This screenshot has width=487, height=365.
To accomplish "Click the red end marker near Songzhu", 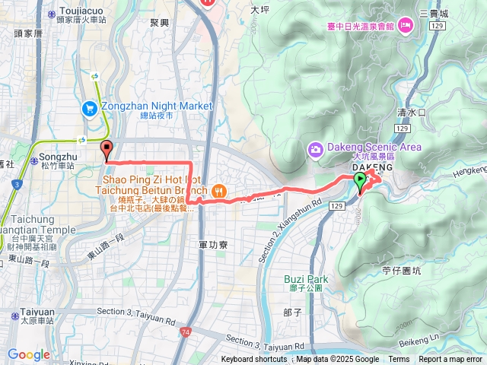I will [107, 151].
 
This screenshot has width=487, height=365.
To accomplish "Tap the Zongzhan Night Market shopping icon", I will [90, 107].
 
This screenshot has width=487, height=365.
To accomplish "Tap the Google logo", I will [29, 354].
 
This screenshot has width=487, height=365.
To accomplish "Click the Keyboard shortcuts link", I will [254, 360].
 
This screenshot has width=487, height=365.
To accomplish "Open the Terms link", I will [399, 360].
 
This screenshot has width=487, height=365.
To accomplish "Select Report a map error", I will [450, 360].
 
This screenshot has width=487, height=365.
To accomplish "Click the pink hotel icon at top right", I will [406, 26].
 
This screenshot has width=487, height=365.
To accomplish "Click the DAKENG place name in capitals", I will [372, 167].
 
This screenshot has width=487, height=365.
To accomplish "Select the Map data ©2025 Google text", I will [338, 360].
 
